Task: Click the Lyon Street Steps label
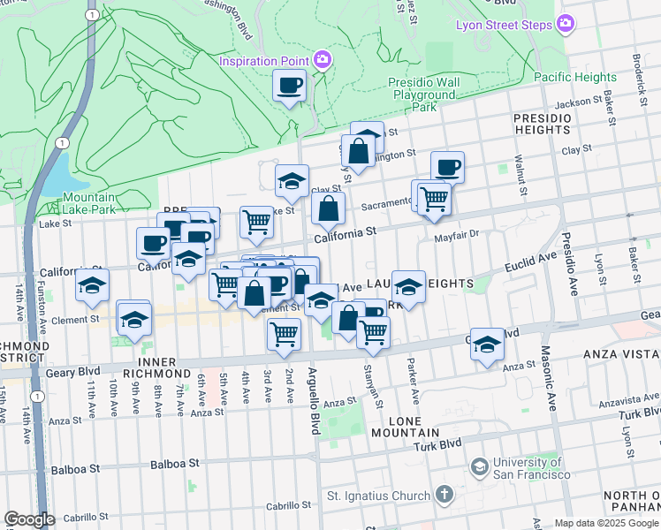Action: [503, 25]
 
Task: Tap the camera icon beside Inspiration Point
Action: [323, 60]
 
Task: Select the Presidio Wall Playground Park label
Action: [425, 95]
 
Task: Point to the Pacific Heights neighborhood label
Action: [575, 77]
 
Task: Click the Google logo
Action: [29, 519]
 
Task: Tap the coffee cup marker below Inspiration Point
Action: [290, 86]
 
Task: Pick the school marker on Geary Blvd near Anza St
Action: [487, 345]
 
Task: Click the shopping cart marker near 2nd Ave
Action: [284, 334]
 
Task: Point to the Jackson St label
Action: [579, 102]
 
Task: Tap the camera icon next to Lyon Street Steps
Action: [566, 25]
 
